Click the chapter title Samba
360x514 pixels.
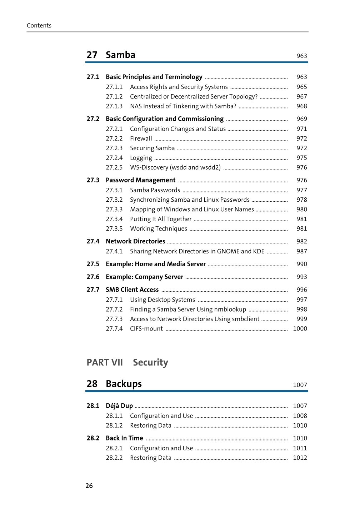(120, 55)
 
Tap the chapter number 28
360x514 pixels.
(92, 384)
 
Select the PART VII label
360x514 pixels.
(105, 363)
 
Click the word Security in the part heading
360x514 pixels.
(150, 363)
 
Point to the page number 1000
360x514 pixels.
(300, 329)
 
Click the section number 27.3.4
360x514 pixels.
(114, 219)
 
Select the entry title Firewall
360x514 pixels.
(141, 138)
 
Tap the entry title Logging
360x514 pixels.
(141, 158)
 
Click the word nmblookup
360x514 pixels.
(230, 309)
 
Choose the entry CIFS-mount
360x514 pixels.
(146, 329)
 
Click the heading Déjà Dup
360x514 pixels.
(119, 406)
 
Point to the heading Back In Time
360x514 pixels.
(124, 438)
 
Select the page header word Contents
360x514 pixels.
(39, 26)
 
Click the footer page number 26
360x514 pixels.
(89, 486)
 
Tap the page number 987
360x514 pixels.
(302, 251)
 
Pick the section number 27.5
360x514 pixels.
(93, 264)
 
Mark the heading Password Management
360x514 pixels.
(141, 180)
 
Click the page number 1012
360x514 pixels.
(300, 458)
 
